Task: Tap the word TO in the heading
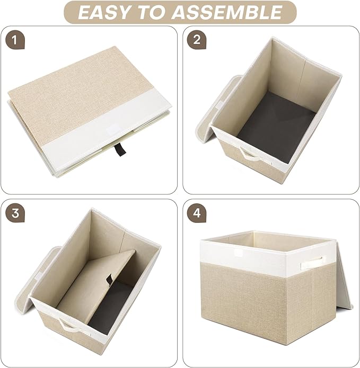point(159,12)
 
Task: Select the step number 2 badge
point(197,40)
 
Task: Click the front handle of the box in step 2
point(249,154)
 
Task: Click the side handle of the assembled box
point(313,262)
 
